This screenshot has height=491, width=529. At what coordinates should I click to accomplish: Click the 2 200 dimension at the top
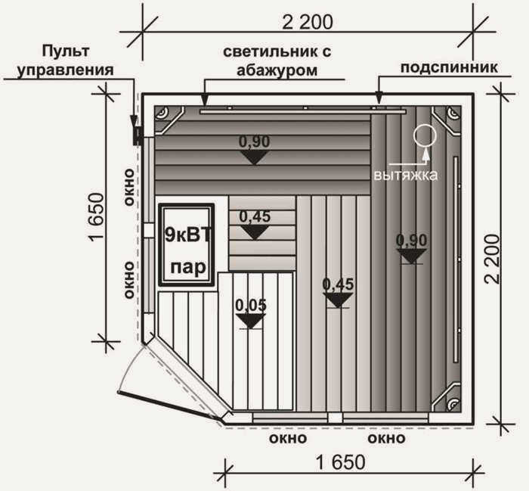coord(307,22)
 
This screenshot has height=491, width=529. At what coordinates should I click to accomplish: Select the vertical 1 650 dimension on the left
coord(96,216)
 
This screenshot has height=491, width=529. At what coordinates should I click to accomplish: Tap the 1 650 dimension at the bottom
coord(340,463)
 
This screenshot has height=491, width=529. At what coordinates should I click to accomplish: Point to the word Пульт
coord(66,51)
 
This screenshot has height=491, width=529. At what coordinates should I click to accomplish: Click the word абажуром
coord(277,70)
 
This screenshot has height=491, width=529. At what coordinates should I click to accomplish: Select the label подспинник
coord(449,67)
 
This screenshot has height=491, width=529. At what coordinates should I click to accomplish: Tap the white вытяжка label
coord(406,176)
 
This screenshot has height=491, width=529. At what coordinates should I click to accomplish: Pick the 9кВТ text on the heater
coord(187,235)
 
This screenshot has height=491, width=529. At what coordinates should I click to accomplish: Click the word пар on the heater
coord(188,268)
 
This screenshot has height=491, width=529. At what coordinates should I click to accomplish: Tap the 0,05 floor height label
coord(251,305)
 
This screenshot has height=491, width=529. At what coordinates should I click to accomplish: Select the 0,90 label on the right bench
coord(412,241)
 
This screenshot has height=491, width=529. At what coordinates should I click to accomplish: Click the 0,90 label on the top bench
coord(255,141)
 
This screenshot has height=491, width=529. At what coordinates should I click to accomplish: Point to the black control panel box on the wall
coord(137,135)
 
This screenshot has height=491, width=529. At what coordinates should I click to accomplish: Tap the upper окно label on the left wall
coord(129,187)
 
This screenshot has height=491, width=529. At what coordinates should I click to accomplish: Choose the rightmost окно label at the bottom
coord(386,438)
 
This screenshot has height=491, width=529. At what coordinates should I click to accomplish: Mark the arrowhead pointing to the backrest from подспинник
coord(379,98)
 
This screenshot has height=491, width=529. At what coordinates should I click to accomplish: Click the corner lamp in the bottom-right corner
coord(451,403)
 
